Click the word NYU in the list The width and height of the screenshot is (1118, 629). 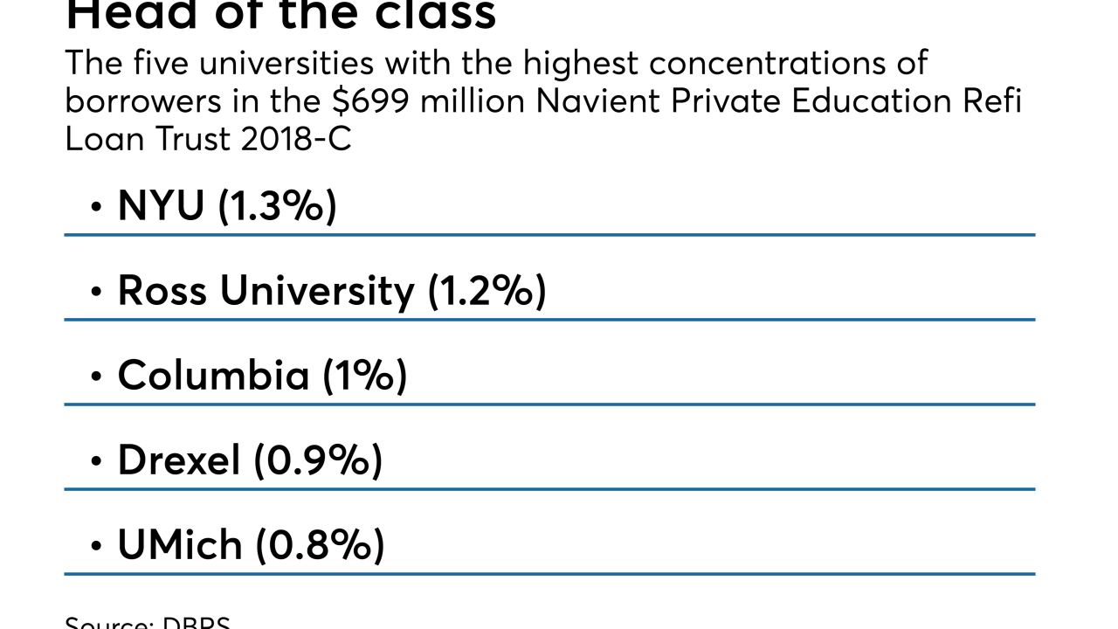pyautogui.click(x=161, y=206)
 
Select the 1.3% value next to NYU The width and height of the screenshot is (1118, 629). pyautogui.click(x=277, y=206)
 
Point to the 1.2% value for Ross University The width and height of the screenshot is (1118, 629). pyautogui.click(x=487, y=291)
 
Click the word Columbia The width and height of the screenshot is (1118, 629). pyautogui.click(x=214, y=376)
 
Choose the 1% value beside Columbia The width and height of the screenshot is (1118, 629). pyautogui.click(x=365, y=376)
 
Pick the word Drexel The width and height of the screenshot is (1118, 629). pyautogui.click(x=179, y=460)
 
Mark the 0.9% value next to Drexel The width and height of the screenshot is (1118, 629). pyautogui.click(x=319, y=460)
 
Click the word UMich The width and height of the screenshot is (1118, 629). pyautogui.click(x=180, y=545)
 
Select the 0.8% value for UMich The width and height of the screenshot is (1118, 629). pyautogui.click(x=320, y=545)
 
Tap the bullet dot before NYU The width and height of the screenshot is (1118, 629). pyautogui.click(x=96, y=208)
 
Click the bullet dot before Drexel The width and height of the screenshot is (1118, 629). pyautogui.click(x=96, y=462)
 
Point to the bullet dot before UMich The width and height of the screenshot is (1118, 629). pyautogui.click(x=96, y=547)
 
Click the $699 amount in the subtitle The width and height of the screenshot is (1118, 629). pyautogui.click(x=368, y=101)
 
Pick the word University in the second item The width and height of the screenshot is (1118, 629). pyautogui.click(x=316, y=291)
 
